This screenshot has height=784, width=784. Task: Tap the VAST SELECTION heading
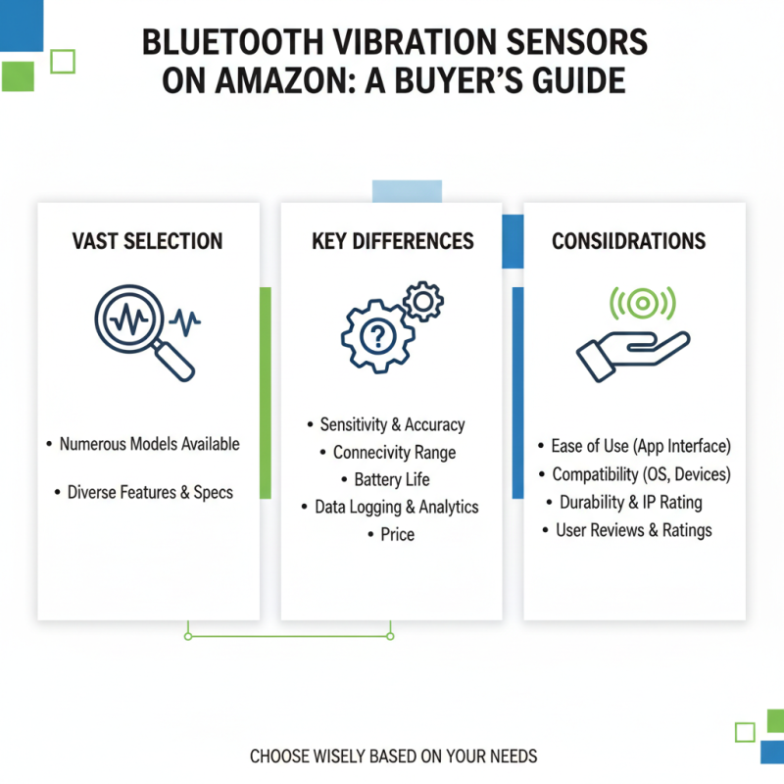click(x=148, y=241)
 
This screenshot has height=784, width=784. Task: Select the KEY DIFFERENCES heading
click(x=392, y=241)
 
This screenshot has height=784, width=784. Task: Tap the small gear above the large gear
click(x=423, y=300)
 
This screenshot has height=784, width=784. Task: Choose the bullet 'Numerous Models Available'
click(x=149, y=444)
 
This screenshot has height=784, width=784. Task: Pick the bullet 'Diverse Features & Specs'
click(x=150, y=492)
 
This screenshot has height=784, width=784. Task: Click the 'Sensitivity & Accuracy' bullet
click(x=392, y=424)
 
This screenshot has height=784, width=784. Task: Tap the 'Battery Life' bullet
click(x=392, y=480)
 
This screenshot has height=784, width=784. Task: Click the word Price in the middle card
click(x=398, y=534)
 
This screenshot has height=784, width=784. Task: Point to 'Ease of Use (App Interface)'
click(x=641, y=446)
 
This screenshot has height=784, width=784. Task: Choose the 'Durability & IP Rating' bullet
click(x=631, y=502)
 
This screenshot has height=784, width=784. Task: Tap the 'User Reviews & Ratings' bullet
click(x=633, y=530)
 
